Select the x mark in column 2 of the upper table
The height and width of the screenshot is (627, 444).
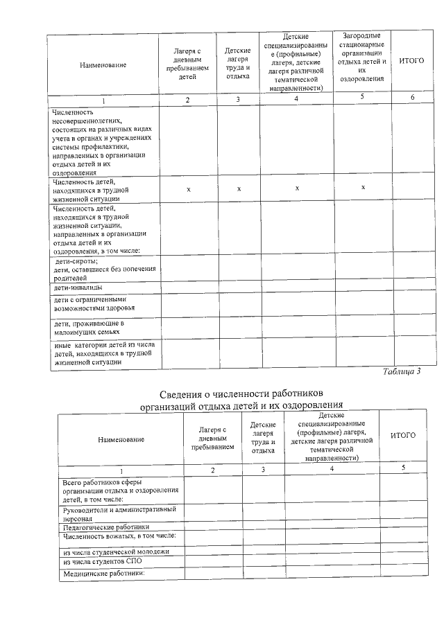188,188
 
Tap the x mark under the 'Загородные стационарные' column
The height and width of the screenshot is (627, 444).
363,188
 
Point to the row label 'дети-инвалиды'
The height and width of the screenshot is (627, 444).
78,287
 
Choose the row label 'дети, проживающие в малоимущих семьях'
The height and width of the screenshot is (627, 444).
88,328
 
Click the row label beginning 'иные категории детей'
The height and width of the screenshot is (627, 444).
103,353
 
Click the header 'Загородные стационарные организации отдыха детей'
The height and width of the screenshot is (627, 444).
361,57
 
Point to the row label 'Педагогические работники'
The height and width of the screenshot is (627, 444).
105,527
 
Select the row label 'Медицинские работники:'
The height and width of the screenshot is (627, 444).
103,574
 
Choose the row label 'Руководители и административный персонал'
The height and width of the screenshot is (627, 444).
119,513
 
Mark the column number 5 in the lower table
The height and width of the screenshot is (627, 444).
403,469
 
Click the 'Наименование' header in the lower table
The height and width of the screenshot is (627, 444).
121,440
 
